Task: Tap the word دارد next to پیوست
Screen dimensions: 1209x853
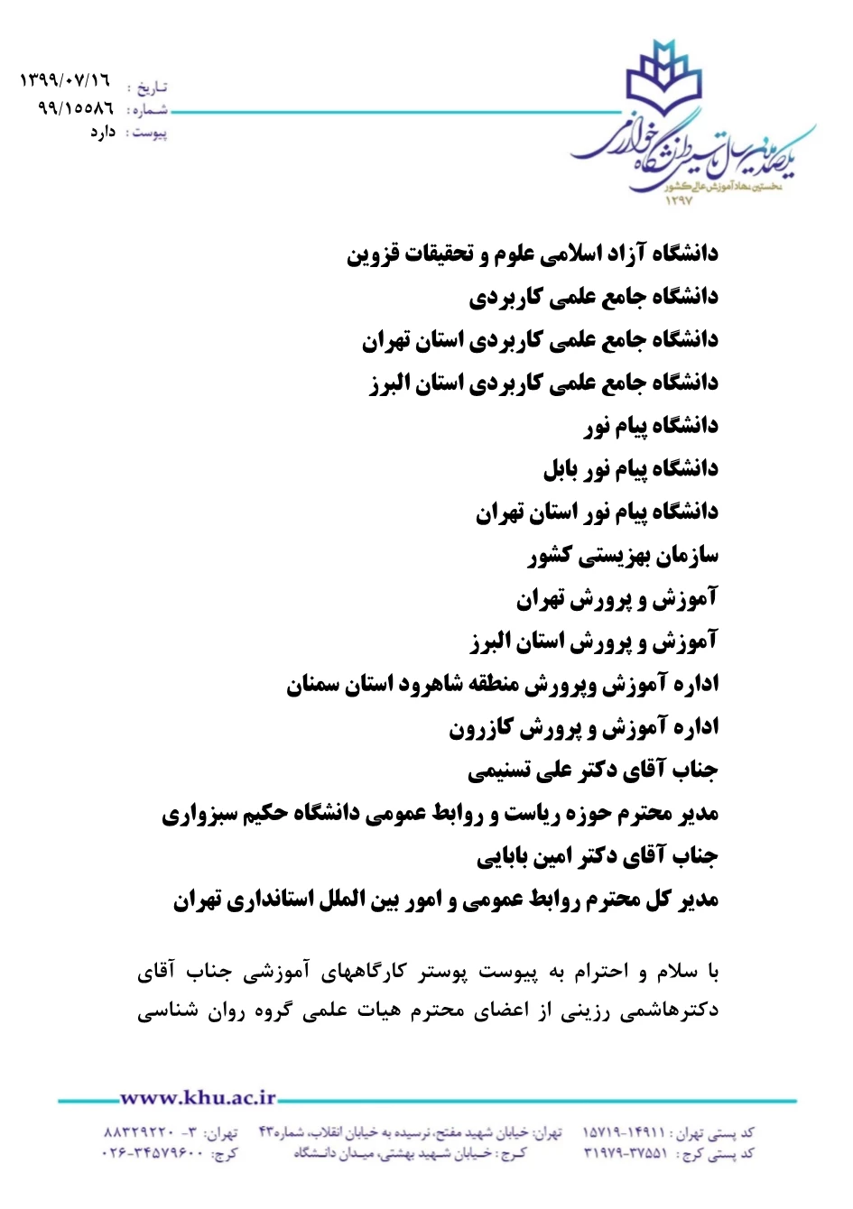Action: click(102, 132)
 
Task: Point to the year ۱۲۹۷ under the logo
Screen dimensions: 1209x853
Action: click(678, 200)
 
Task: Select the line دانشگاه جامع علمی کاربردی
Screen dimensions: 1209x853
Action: click(593, 296)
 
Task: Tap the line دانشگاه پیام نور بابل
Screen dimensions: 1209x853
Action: click(630, 468)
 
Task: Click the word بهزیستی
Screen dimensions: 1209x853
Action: click(611, 555)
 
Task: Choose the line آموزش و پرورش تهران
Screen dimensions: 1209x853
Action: click(617, 598)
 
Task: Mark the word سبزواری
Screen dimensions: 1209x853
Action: click(200, 815)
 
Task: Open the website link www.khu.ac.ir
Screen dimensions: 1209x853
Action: click(198, 1097)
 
